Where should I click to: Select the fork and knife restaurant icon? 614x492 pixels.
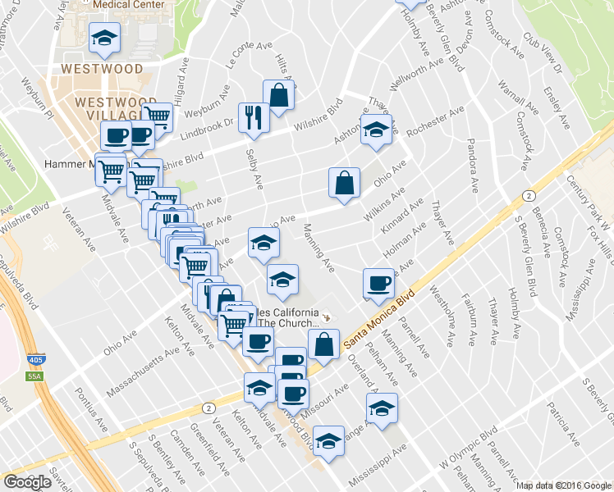point(254,117)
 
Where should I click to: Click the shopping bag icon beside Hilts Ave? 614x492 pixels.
point(279,95)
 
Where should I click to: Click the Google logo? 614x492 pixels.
point(27,482)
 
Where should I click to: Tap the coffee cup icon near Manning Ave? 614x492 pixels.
point(379,283)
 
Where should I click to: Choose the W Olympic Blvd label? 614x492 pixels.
point(469,448)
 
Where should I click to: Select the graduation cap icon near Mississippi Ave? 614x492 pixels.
point(329,442)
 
